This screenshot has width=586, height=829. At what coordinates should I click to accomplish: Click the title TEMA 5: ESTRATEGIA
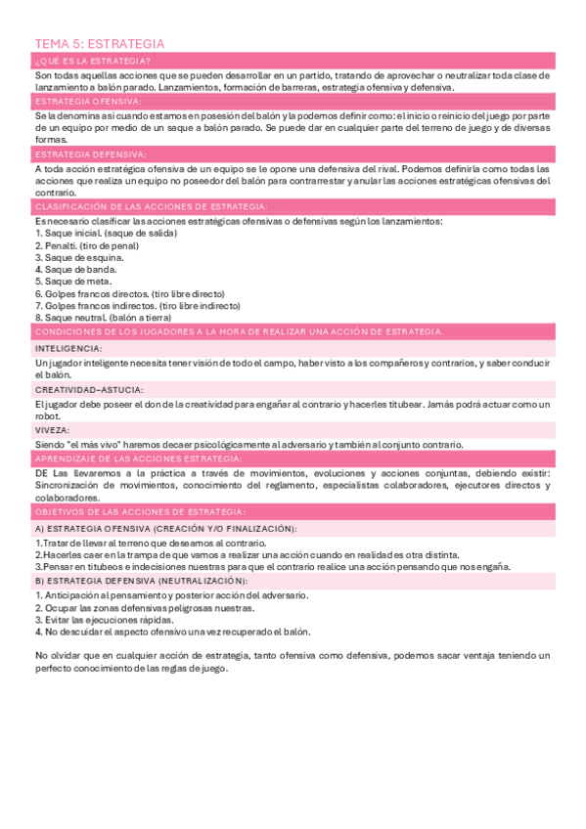[99, 44]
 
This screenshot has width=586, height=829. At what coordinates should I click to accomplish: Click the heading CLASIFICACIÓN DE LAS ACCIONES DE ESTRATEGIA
[151, 206]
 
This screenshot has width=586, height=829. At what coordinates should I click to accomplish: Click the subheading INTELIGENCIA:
[68, 347]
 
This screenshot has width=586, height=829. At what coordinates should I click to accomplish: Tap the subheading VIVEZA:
[53, 429]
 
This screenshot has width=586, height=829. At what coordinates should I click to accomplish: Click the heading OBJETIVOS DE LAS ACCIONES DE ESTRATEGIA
[140, 511]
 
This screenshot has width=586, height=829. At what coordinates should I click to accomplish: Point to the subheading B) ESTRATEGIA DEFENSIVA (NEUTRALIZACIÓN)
[141, 581]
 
